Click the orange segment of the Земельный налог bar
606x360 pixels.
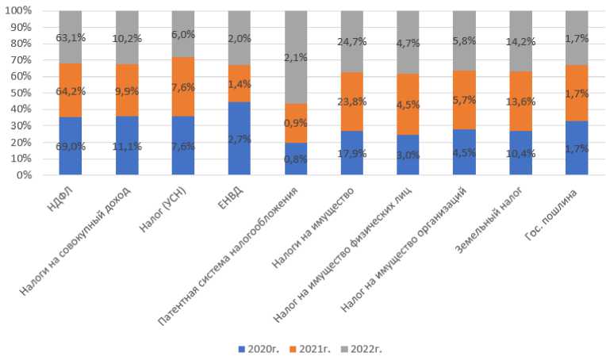pos(521,98)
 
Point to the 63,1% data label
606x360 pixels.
pos(71,36)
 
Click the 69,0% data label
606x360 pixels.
pos(71,147)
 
